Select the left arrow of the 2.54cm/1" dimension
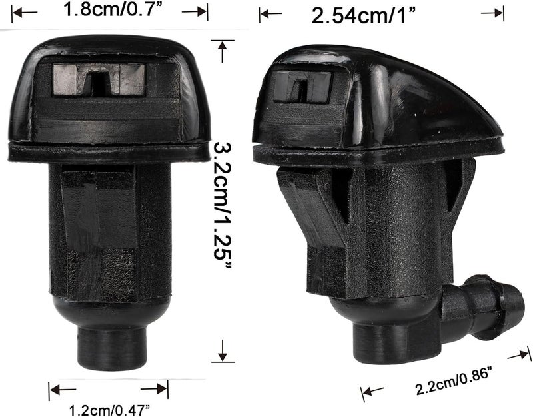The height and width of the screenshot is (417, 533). (x=270, y=13)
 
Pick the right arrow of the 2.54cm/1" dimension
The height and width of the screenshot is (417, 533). (x=493, y=13)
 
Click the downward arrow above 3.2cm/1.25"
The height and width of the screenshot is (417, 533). (x=223, y=49)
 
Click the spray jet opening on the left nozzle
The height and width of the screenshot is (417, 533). (x=98, y=81)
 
